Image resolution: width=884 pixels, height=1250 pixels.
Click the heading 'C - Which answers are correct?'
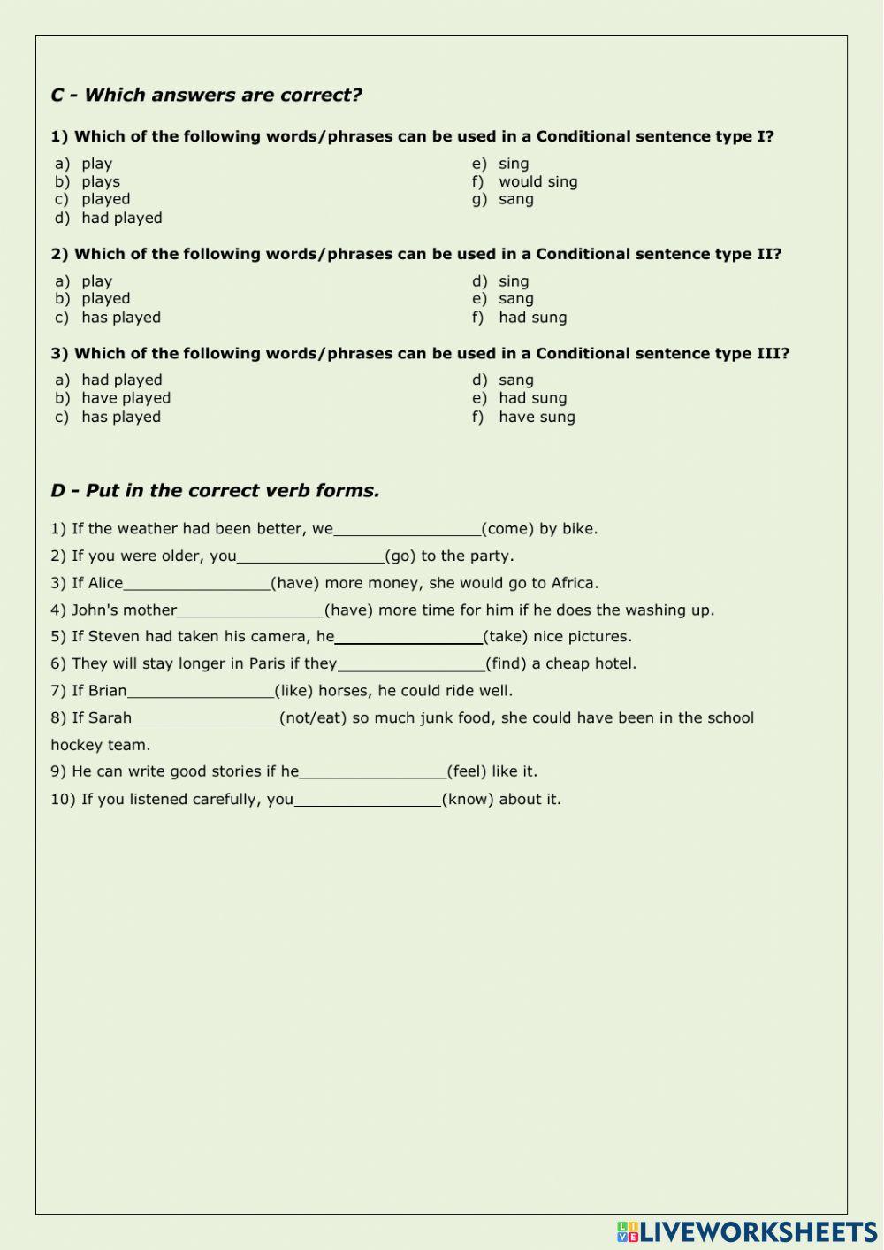[x=206, y=96]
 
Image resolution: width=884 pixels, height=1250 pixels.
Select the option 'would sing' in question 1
[x=537, y=181]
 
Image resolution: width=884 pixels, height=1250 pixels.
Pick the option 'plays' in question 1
[x=101, y=181]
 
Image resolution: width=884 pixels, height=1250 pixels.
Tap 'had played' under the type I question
[x=122, y=218]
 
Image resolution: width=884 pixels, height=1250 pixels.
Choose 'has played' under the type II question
[x=121, y=318]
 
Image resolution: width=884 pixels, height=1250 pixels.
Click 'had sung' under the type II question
[x=532, y=318]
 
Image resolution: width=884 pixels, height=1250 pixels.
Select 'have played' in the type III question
[x=126, y=398]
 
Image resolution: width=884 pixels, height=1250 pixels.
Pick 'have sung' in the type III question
[x=537, y=417]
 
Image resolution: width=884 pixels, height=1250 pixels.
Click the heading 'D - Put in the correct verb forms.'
[x=215, y=491]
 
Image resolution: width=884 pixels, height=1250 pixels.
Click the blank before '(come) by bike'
[x=408, y=529]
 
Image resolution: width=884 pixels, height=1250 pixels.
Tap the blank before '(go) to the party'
[x=310, y=556]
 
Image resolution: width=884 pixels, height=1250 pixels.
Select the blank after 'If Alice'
[x=197, y=583]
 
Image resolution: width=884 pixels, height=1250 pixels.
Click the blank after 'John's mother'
[x=251, y=610]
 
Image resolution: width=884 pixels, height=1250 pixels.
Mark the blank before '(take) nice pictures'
[x=408, y=637]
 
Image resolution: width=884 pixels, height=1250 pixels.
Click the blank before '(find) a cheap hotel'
[x=411, y=664]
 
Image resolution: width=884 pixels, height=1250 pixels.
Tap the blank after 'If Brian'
[x=201, y=691]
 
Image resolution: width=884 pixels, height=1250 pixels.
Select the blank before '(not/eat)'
[x=205, y=718]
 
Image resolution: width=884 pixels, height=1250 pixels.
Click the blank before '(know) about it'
[x=367, y=800]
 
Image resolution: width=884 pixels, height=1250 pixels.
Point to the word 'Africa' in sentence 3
[x=574, y=583]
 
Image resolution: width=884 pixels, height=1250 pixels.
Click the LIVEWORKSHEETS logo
[x=747, y=1231]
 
